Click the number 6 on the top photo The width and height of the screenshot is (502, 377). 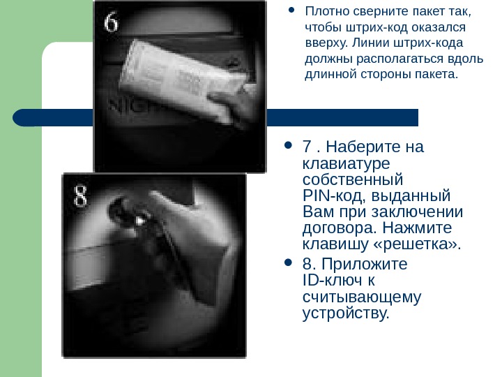[x=111, y=22]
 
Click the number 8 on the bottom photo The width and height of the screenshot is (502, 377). [x=80, y=195]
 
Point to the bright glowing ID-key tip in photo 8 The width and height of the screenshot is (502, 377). [x=140, y=221]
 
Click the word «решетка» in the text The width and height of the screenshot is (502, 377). [x=417, y=244]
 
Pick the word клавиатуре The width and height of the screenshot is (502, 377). [x=346, y=164]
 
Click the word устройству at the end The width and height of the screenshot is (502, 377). [x=346, y=313]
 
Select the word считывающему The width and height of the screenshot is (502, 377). [x=362, y=297]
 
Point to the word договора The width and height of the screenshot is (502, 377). [x=340, y=228]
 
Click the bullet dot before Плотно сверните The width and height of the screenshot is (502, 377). [x=291, y=10]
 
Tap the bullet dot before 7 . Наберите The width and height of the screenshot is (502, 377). [x=288, y=145]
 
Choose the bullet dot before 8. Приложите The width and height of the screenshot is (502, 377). [x=288, y=263]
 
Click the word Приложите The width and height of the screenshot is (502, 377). [x=365, y=265]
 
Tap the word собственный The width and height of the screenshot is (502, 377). [x=353, y=179]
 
